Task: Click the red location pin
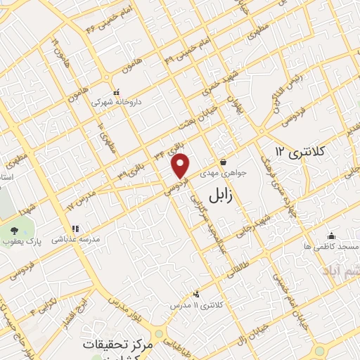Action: (x=181, y=165)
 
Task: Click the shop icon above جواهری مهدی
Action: (x=223, y=161)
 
